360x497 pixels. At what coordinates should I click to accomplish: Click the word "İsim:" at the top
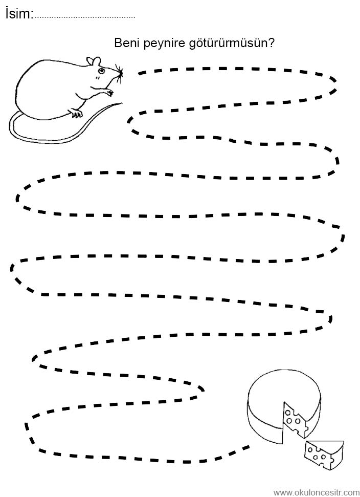19,13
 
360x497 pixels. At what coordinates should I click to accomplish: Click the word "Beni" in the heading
127,43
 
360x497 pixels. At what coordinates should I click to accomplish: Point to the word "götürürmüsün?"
231,44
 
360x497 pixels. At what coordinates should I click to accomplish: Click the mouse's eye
101,70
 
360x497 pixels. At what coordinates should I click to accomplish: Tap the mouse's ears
94,61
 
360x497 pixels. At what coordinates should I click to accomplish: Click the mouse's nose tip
122,74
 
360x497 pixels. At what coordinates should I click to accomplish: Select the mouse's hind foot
76,113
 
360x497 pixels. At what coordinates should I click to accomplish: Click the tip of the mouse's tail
122,103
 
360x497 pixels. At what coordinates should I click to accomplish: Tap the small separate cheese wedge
324,455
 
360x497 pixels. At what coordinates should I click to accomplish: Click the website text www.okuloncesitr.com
316,492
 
